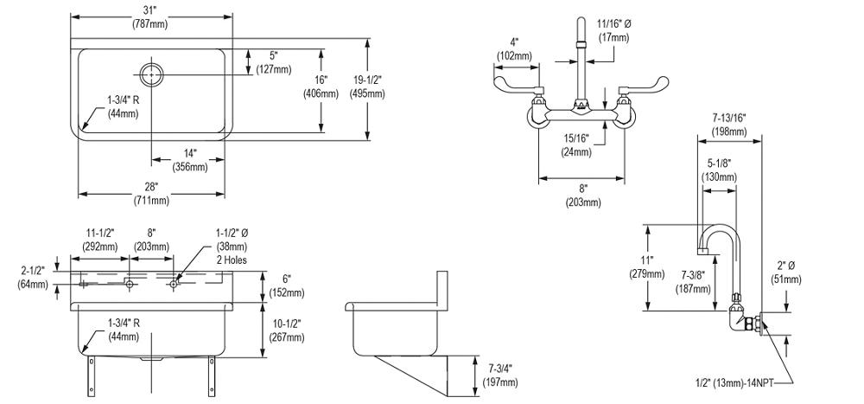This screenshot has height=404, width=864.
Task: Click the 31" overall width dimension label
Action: click(150, 9)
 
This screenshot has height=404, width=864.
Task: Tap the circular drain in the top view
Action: click(152, 74)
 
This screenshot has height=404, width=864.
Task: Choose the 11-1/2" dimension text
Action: click(101, 233)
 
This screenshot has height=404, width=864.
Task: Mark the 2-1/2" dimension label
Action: click(33, 270)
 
